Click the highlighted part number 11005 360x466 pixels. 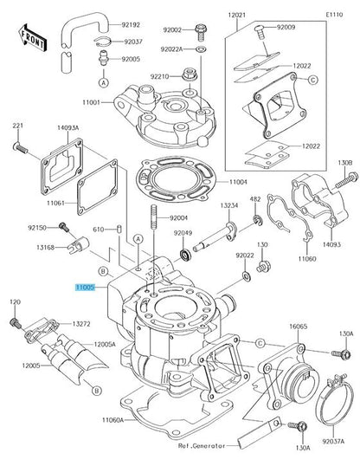click(86, 288)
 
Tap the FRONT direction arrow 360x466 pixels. click(31, 38)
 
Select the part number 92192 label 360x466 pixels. click(131, 25)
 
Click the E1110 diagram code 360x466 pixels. click(334, 15)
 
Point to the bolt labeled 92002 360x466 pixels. click(201, 32)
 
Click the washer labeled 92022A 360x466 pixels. click(202, 49)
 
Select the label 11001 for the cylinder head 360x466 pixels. click(91, 102)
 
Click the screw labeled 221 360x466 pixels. click(20, 148)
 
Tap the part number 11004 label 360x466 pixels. click(238, 182)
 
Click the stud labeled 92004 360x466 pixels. click(154, 217)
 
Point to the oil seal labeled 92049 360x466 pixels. click(186, 255)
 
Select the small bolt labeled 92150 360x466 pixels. click(64, 227)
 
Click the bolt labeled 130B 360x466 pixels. click(347, 180)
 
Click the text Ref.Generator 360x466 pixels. click(202, 446)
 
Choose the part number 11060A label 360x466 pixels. click(112, 420)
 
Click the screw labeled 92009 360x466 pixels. click(260, 32)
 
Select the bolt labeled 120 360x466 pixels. click(16, 323)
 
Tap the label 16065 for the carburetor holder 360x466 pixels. click(299, 327)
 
